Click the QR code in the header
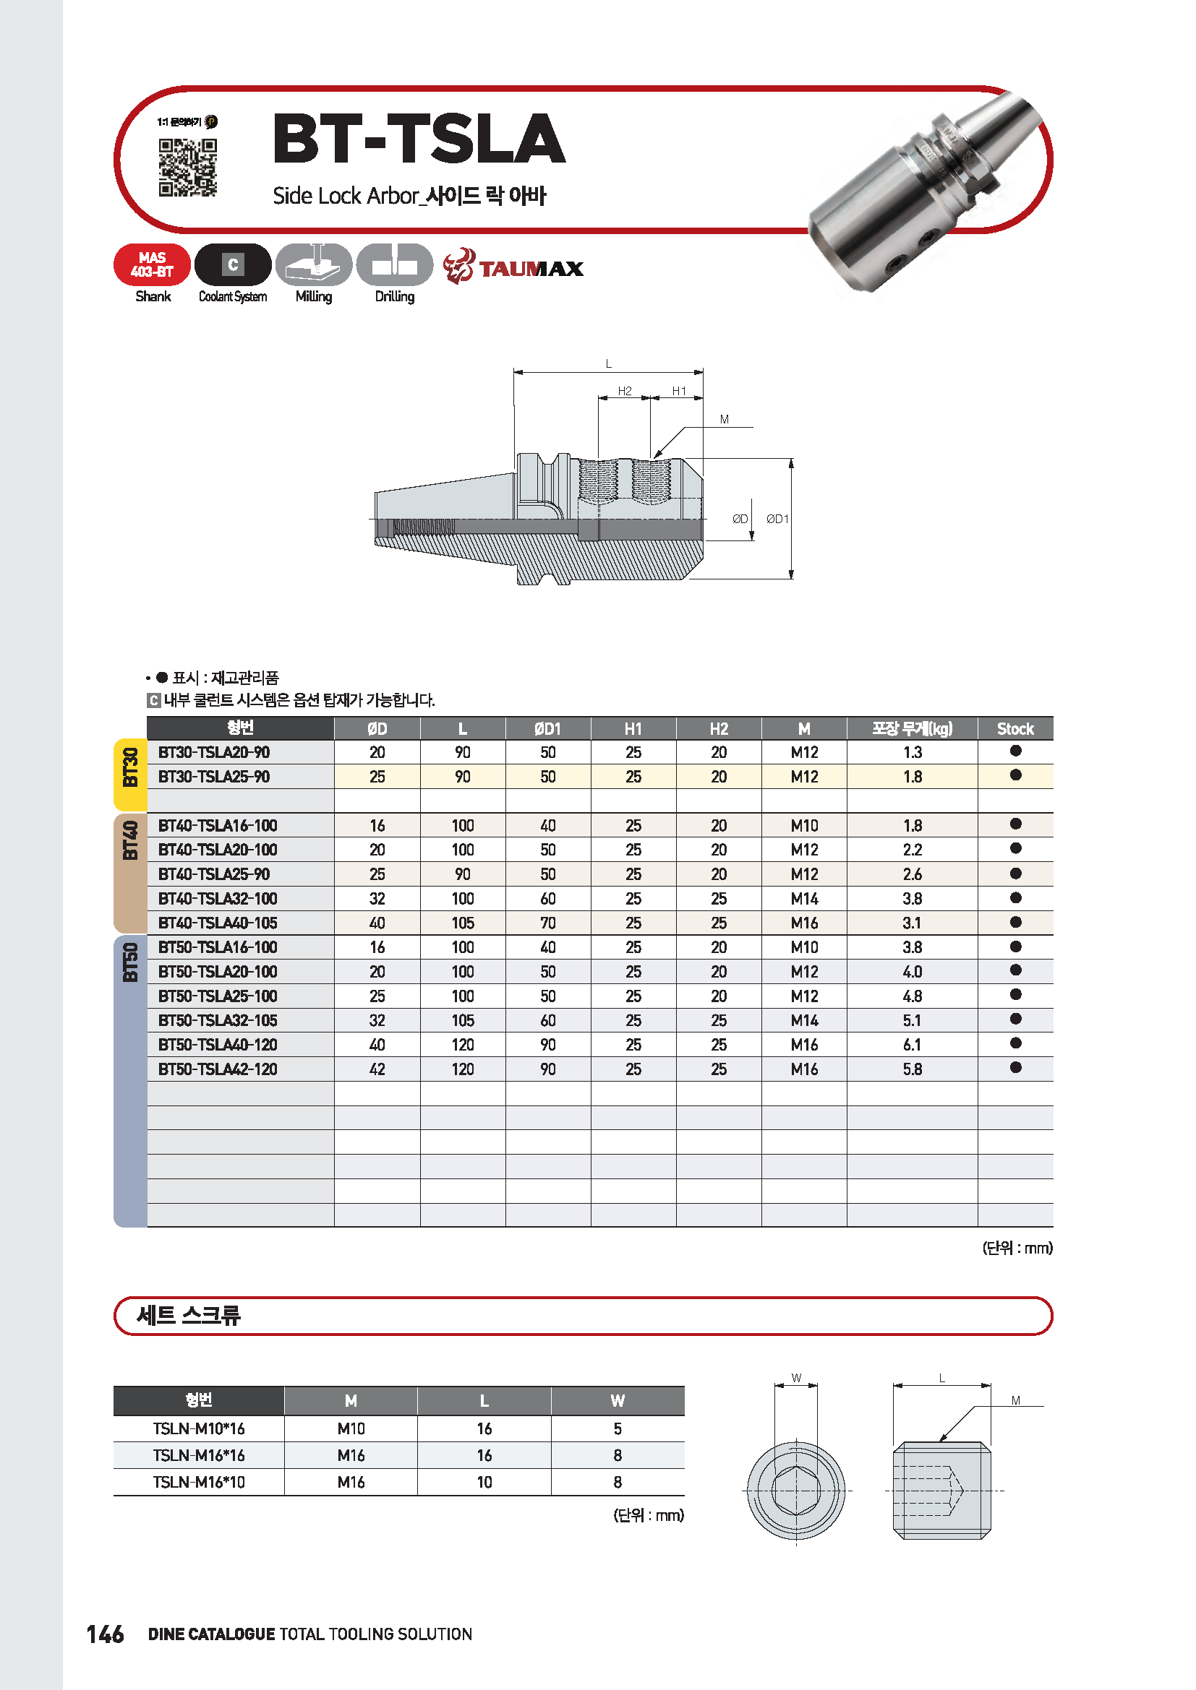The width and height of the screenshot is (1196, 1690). [x=188, y=167]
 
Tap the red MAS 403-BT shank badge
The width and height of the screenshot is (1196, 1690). [x=153, y=265]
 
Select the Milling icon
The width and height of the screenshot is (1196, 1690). [x=314, y=265]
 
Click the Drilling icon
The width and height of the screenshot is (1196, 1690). [x=395, y=265]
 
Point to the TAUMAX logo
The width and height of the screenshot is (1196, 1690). [x=513, y=267]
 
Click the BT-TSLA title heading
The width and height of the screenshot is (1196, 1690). [x=418, y=139]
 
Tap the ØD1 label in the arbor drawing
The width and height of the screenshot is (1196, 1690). [x=777, y=519]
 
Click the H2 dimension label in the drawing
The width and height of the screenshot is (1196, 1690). [x=625, y=391]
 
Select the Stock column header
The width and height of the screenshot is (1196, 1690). [x=1015, y=729]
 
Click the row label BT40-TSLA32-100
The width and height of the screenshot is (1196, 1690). [x=218, y=899]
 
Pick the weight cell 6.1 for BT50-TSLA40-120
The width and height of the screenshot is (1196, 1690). [x=912, y=1045]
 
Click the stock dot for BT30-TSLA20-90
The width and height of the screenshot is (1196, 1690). [x=1015, y=751]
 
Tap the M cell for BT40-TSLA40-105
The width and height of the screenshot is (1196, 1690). [x=804, y=923]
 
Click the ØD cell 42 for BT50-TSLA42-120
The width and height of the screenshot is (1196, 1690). [x=377, y=1069]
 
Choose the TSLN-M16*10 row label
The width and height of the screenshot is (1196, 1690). [x=199, y=1482]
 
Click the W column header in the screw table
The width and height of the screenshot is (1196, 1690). [x=617, y=1401]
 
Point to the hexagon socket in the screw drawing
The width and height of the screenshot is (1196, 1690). [x=795, y=1491]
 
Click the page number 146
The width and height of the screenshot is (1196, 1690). [x=106, y=1634]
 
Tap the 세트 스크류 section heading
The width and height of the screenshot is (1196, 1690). [x=189, y=1315]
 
